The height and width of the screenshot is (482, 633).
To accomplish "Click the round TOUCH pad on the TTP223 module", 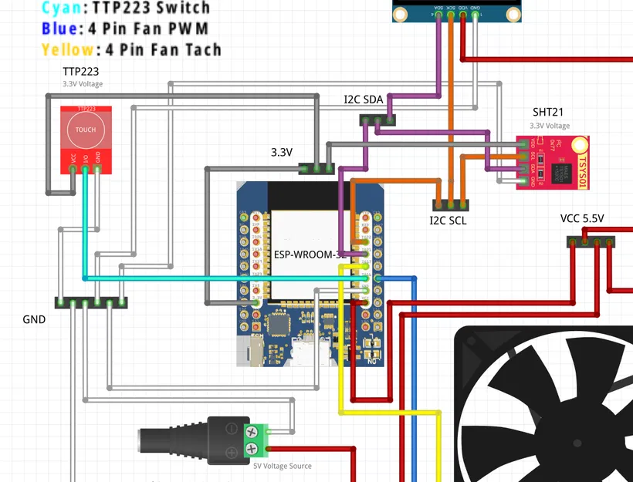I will [x=86, y=130].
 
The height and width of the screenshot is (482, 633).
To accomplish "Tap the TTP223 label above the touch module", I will [x=80, y=71].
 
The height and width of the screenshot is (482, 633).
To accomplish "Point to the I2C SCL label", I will [x=448, y=221].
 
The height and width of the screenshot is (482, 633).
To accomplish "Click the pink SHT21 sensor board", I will [x=552, y=163].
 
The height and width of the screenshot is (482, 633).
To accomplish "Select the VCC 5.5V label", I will [x=582, y=219].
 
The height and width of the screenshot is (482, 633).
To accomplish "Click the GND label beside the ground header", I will [x=34, y=319].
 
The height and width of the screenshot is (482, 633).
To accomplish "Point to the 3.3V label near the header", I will [x=282, y=152].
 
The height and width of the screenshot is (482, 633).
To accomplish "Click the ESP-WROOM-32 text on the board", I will [x=309, y=254].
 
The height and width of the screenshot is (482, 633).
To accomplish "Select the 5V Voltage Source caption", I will [x=283, y=466].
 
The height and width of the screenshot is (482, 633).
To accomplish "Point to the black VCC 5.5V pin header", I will [x=591, y=241].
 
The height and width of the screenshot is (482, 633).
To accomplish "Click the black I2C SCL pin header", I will [x=449, y=205].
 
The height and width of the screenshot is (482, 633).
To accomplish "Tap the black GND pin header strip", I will [x=91, y=302].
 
